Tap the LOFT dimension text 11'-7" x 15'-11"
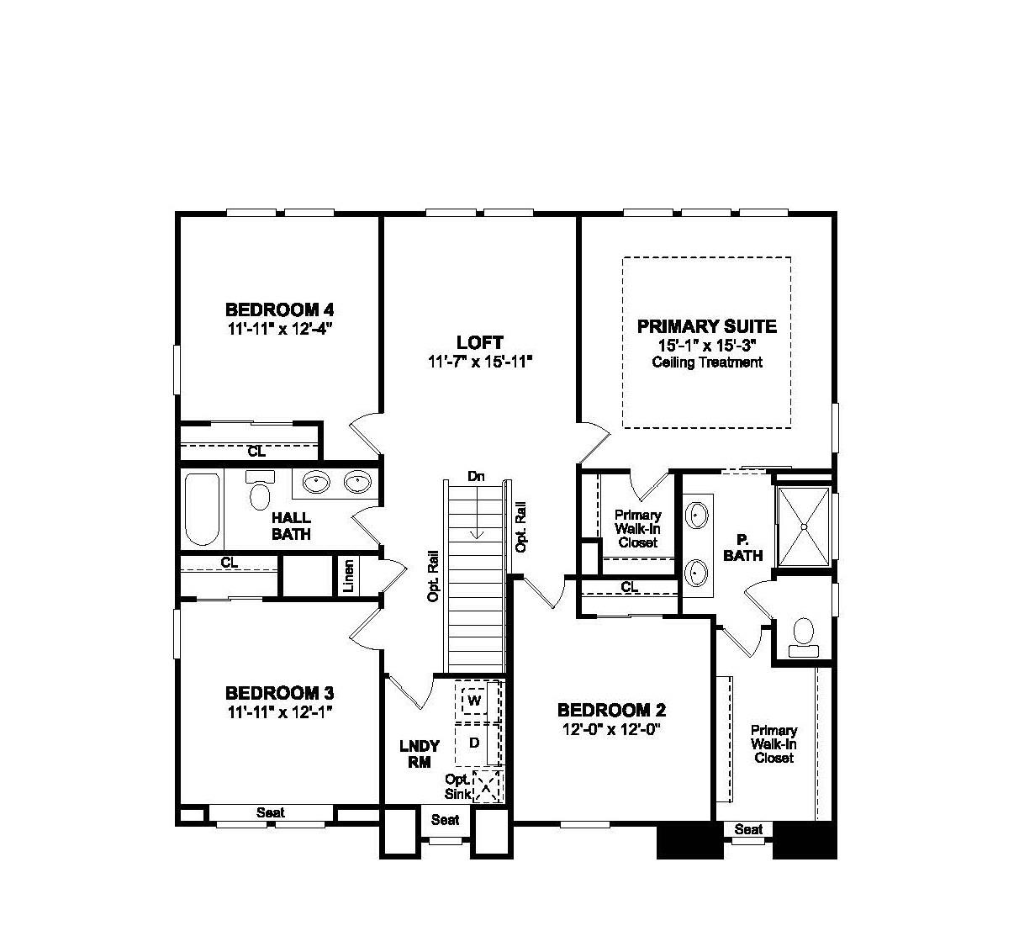(480, 362)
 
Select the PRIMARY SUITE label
(706, 326)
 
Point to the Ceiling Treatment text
(707, 362)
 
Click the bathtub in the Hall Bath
(202, 509)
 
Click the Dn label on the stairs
(477, 477)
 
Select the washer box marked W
(474, 700)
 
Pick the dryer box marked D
(475, 743)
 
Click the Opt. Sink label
(458, 786)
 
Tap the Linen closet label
(349, 576)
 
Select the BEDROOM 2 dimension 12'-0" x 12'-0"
(612, 729)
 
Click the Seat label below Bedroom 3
(270, 812)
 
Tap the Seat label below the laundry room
(445, 819)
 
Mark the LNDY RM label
(420, 754)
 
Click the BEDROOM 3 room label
(279, 693)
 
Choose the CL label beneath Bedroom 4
(256, 452)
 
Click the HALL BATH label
(291, 526)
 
